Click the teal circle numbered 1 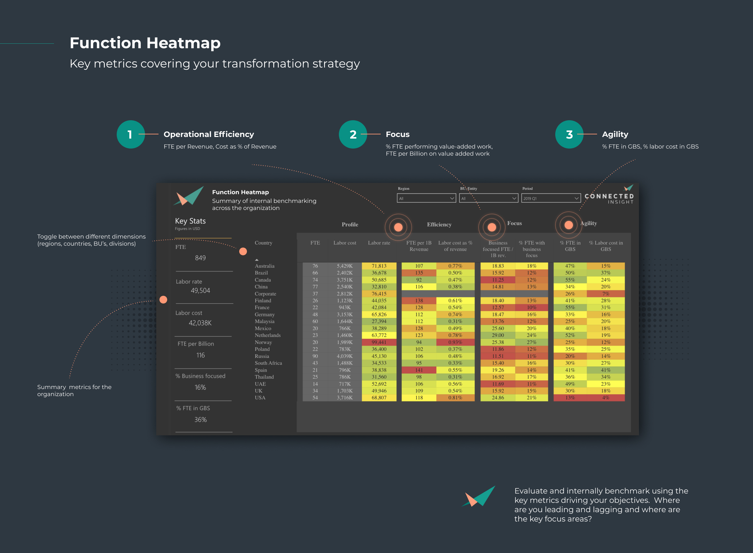[x=131, y=134]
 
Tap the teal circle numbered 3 [x=569, y=134]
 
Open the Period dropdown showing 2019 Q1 [x=550, y=198]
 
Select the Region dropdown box [x=426, y=198]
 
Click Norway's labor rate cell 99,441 [x=379, y=342]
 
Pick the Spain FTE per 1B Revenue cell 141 [x=419, y=370]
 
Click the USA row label [x=260, y=398]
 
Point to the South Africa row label [x=268, y=363]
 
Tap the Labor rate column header [x=379, y=243]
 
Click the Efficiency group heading [x=439, y=224]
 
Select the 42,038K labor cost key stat [x=200, y=323]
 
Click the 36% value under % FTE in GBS [x=200, y=420]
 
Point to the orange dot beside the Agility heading [x=568, y=225]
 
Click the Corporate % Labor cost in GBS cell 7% [x=605, y=294]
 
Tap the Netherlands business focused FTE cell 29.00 [x=498, y=335]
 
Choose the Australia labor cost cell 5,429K [x=344, y=266]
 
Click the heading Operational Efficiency [x=208, y=134]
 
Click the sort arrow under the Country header [x=257, y=260]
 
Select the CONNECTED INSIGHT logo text [x=609, y=198]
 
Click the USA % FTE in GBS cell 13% [x=570, y=398]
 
